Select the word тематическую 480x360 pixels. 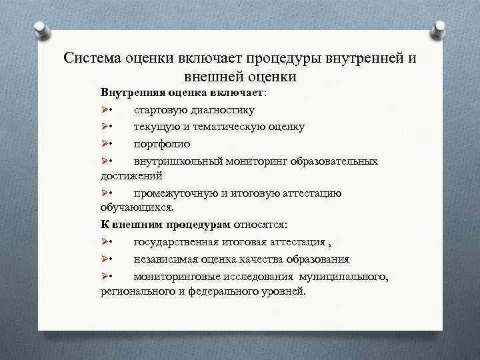pyautogui.click(x=232, y=127)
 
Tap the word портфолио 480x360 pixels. pyautogui.click(x=162, y=144)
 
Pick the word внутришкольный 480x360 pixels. pyautogui.click(x=175, y=161)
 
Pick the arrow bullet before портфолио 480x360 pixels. pyautogui.click(x=105, y=144)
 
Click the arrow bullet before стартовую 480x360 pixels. pyautogui.click(x=105, y=109)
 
